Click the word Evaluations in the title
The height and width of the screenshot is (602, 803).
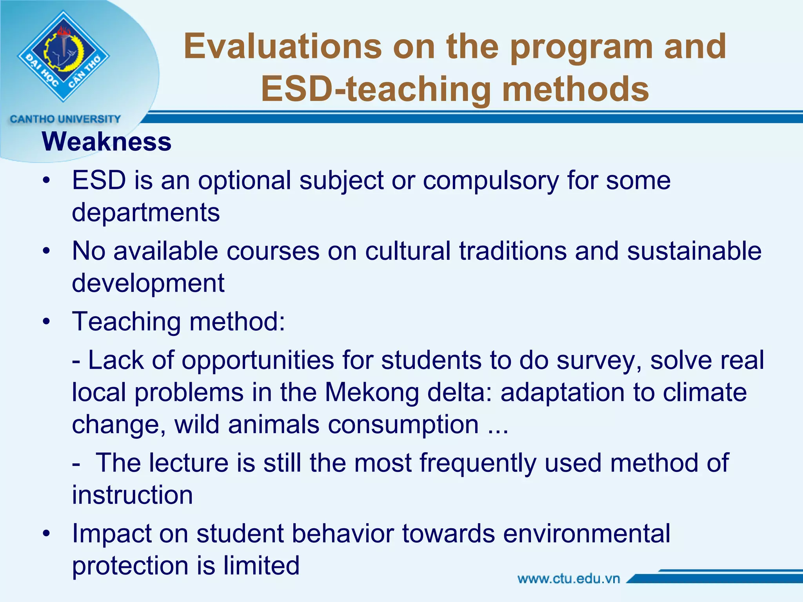tap(282, 47)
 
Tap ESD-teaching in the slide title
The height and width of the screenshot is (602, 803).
tap(376, 89)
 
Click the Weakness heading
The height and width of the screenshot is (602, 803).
tap(107, 141)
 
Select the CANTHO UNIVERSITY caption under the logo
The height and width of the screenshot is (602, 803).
tap(65, 119)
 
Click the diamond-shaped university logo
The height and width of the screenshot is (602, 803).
tap(64, 56)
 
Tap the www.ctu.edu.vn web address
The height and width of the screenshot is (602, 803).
tap(569, 579)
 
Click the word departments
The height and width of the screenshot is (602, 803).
tap(146, 213)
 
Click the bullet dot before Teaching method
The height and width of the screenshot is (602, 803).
tap(47, 322)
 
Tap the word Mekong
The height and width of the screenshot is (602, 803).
tap(372, 393)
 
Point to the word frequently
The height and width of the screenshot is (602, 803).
tap(478, 463)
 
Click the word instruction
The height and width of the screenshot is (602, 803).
tap(133, 495)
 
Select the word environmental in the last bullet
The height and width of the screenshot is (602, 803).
tap(587, 534)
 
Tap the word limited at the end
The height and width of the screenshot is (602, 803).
tap(262, 566)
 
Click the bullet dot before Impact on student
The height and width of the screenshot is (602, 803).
tap(47, 534)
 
